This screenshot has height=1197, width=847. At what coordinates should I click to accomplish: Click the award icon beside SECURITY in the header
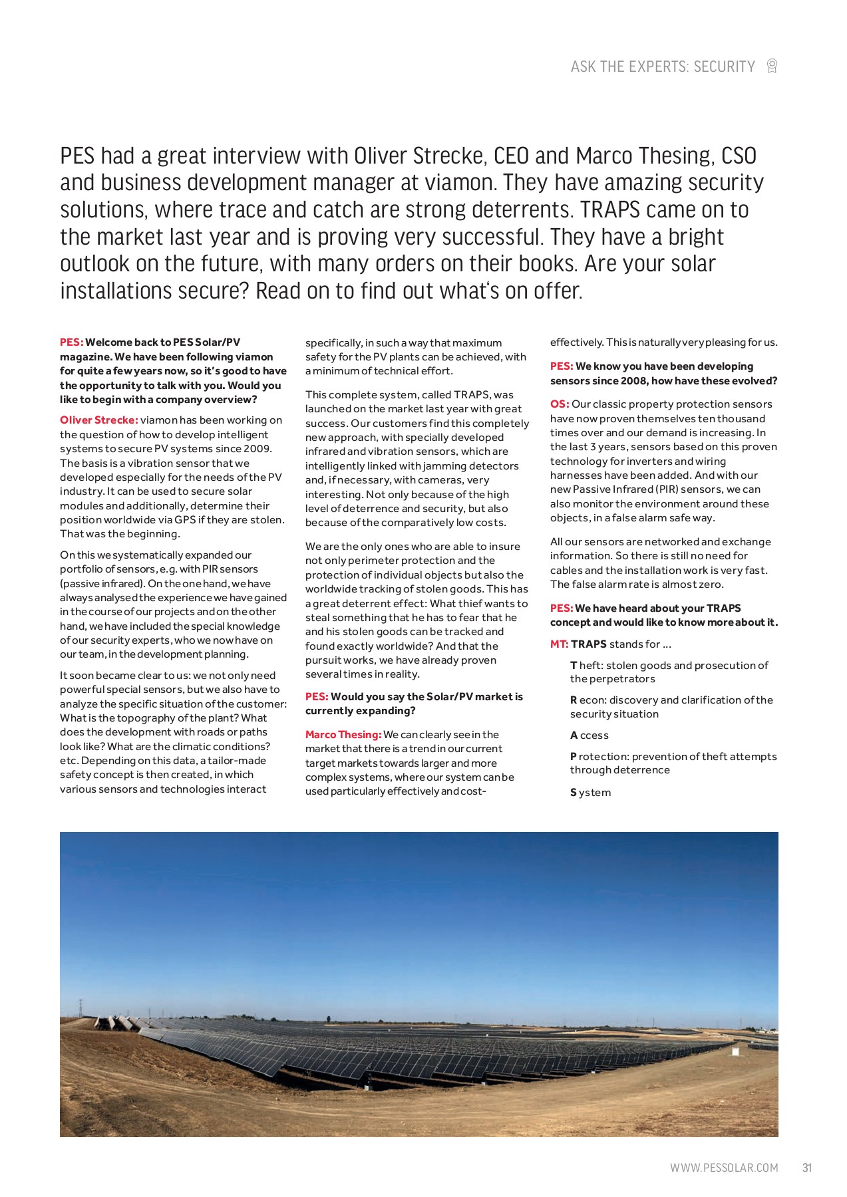point(772,66)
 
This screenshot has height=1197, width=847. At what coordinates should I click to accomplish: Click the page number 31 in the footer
point(807,1168)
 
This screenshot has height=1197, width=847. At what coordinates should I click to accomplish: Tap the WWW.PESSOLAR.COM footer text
point(723,1168)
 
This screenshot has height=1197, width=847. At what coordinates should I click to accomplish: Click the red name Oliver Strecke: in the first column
point(98,420)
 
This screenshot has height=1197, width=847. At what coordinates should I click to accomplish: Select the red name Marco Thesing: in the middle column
point(343,735)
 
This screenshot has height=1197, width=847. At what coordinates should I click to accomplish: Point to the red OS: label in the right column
point(559,404)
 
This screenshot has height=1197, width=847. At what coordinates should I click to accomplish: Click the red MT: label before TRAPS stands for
point(559,644)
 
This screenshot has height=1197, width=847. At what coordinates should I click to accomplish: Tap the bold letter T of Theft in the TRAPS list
point(574,666)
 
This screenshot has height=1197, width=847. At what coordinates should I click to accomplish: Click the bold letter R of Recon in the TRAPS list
point(574,700)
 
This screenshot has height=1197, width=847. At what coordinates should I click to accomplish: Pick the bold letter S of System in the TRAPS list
point(574,793)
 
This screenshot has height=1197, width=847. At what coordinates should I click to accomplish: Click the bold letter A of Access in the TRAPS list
point(574,735)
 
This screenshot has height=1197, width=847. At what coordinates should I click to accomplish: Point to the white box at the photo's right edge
point(735,1052)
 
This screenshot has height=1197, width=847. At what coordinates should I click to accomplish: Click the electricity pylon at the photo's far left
point(80,1007)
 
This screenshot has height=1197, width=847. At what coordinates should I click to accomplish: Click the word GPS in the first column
point(185,520)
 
